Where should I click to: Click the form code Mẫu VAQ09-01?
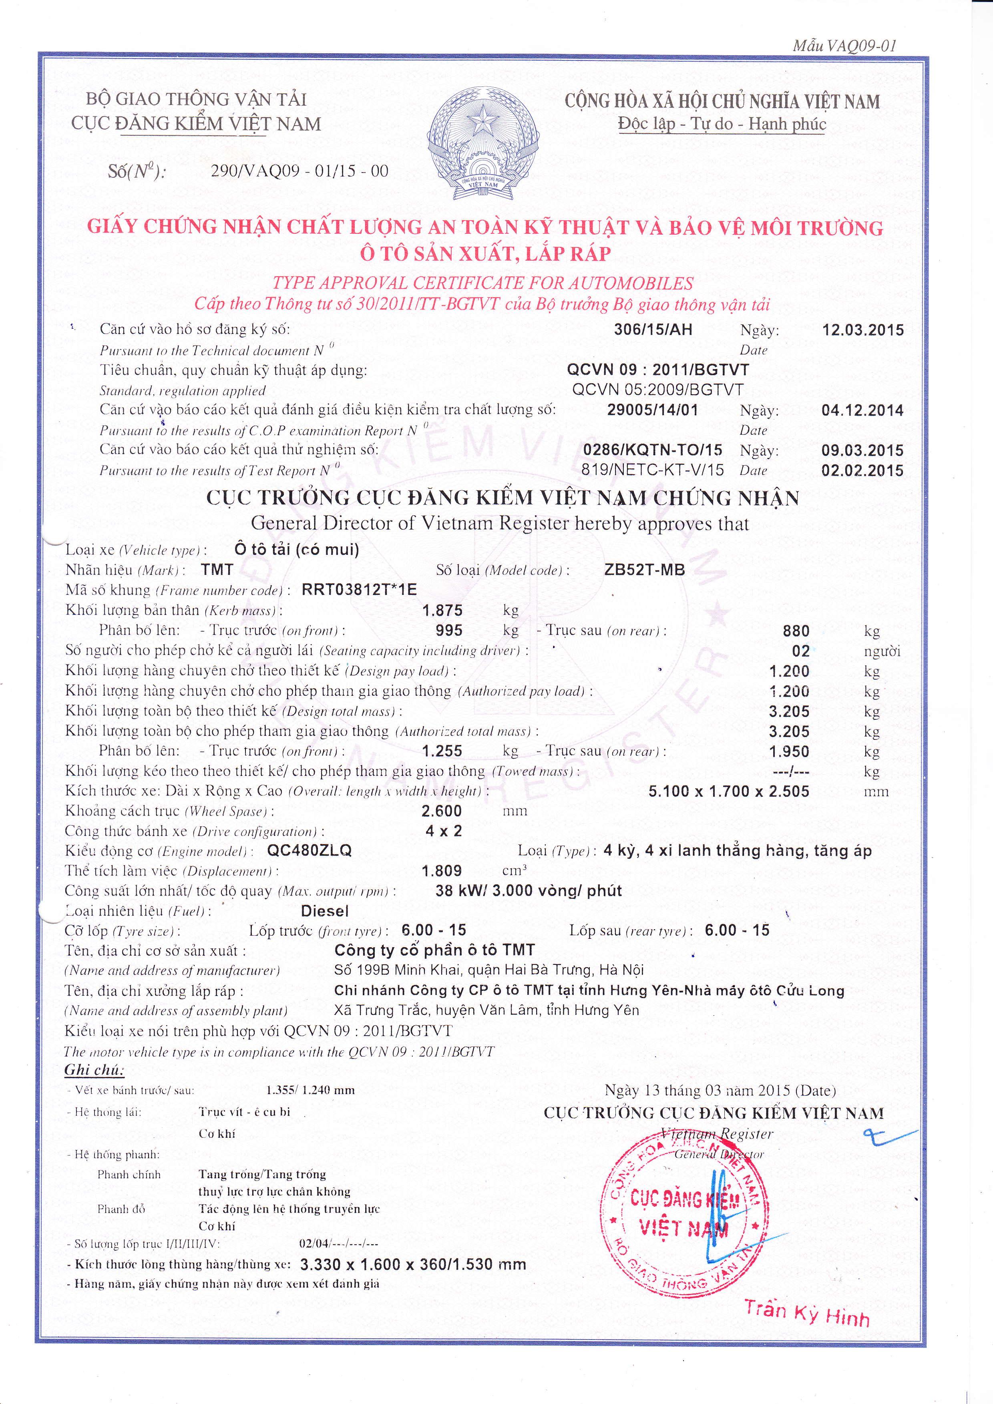pyautogui.click(x=844, y=46)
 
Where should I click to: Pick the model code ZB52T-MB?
pyautogui.click(x=644, y=570)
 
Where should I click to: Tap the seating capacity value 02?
pyautogui.click(x=800, y=651)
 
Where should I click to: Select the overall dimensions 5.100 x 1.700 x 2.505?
pyautogui.click(x=729, y=791)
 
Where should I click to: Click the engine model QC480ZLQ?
pyautogui.click(x=310, y=851)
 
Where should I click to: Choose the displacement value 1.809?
pyautogui.click(x=442, y=871)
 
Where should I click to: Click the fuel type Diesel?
pyautogui.click(x=325, y=911)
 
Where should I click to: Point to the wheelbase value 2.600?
pyautogui.click(x=442, y=811)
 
